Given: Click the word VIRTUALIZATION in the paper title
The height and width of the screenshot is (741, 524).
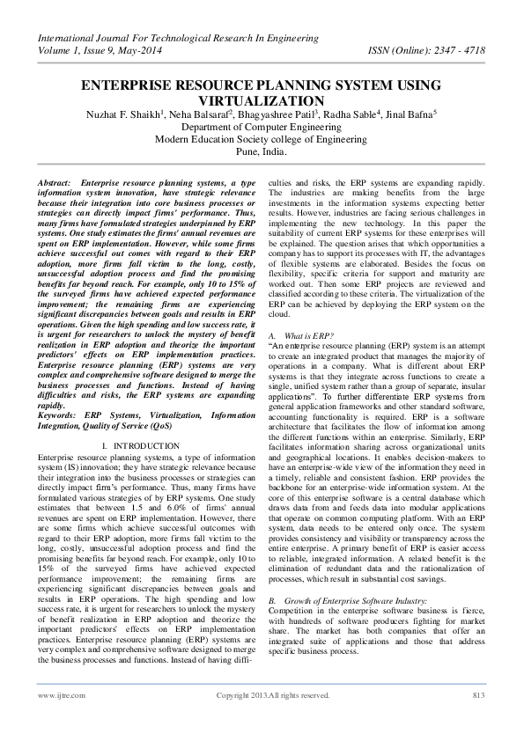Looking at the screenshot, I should coord(262,100).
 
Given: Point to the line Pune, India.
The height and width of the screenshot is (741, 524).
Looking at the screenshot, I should coord(262,151).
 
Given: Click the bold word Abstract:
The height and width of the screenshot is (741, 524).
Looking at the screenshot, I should coord(55,180).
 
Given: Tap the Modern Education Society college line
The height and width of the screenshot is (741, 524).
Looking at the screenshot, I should coord(262,139).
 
